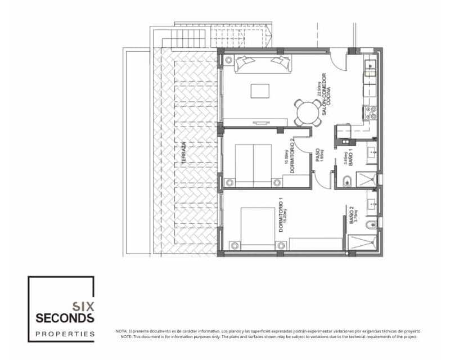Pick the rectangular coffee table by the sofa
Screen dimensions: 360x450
pos(260,91)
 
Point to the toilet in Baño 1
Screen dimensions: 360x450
pos(347,181)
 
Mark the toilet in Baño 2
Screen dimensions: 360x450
pos(369,226)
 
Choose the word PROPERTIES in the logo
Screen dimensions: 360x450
pos(65,334)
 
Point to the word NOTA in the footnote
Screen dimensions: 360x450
pos(121,331)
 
